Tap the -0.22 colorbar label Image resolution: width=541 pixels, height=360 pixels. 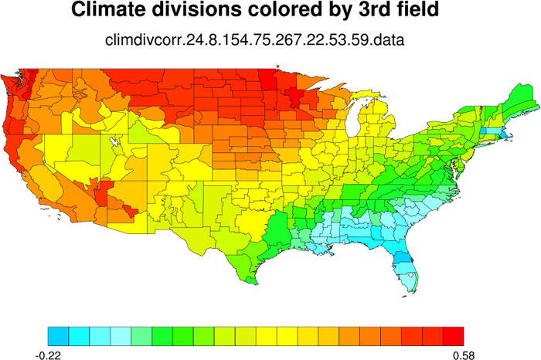(48, 352)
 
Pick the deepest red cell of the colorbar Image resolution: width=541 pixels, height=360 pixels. (454, 335)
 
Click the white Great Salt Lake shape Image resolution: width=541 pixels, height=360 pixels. (115, 143)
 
